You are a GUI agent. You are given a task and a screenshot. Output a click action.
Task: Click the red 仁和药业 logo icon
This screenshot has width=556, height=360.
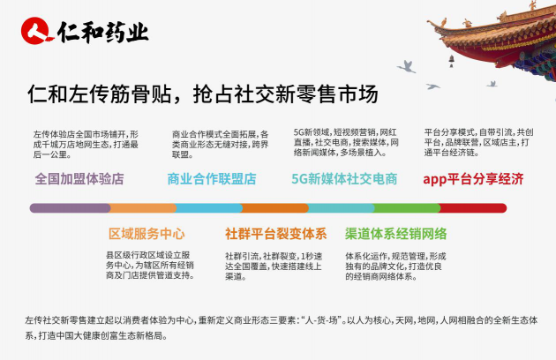[x=37, y=32]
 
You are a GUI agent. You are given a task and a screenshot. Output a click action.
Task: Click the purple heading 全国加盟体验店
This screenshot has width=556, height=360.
[x=79, y=179]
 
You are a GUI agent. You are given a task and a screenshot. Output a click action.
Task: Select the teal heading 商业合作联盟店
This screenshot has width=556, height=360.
[x=211, y=179]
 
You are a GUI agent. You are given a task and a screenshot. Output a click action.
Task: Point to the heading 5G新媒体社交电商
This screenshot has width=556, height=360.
[x=344, y=179]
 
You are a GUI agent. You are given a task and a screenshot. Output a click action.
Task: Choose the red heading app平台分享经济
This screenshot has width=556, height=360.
[x=473, y=179]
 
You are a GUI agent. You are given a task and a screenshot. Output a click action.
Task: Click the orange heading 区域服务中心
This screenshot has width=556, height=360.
[x=147, y=235]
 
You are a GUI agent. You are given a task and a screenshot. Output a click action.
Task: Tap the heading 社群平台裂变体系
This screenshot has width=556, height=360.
[x=275, y=235]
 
